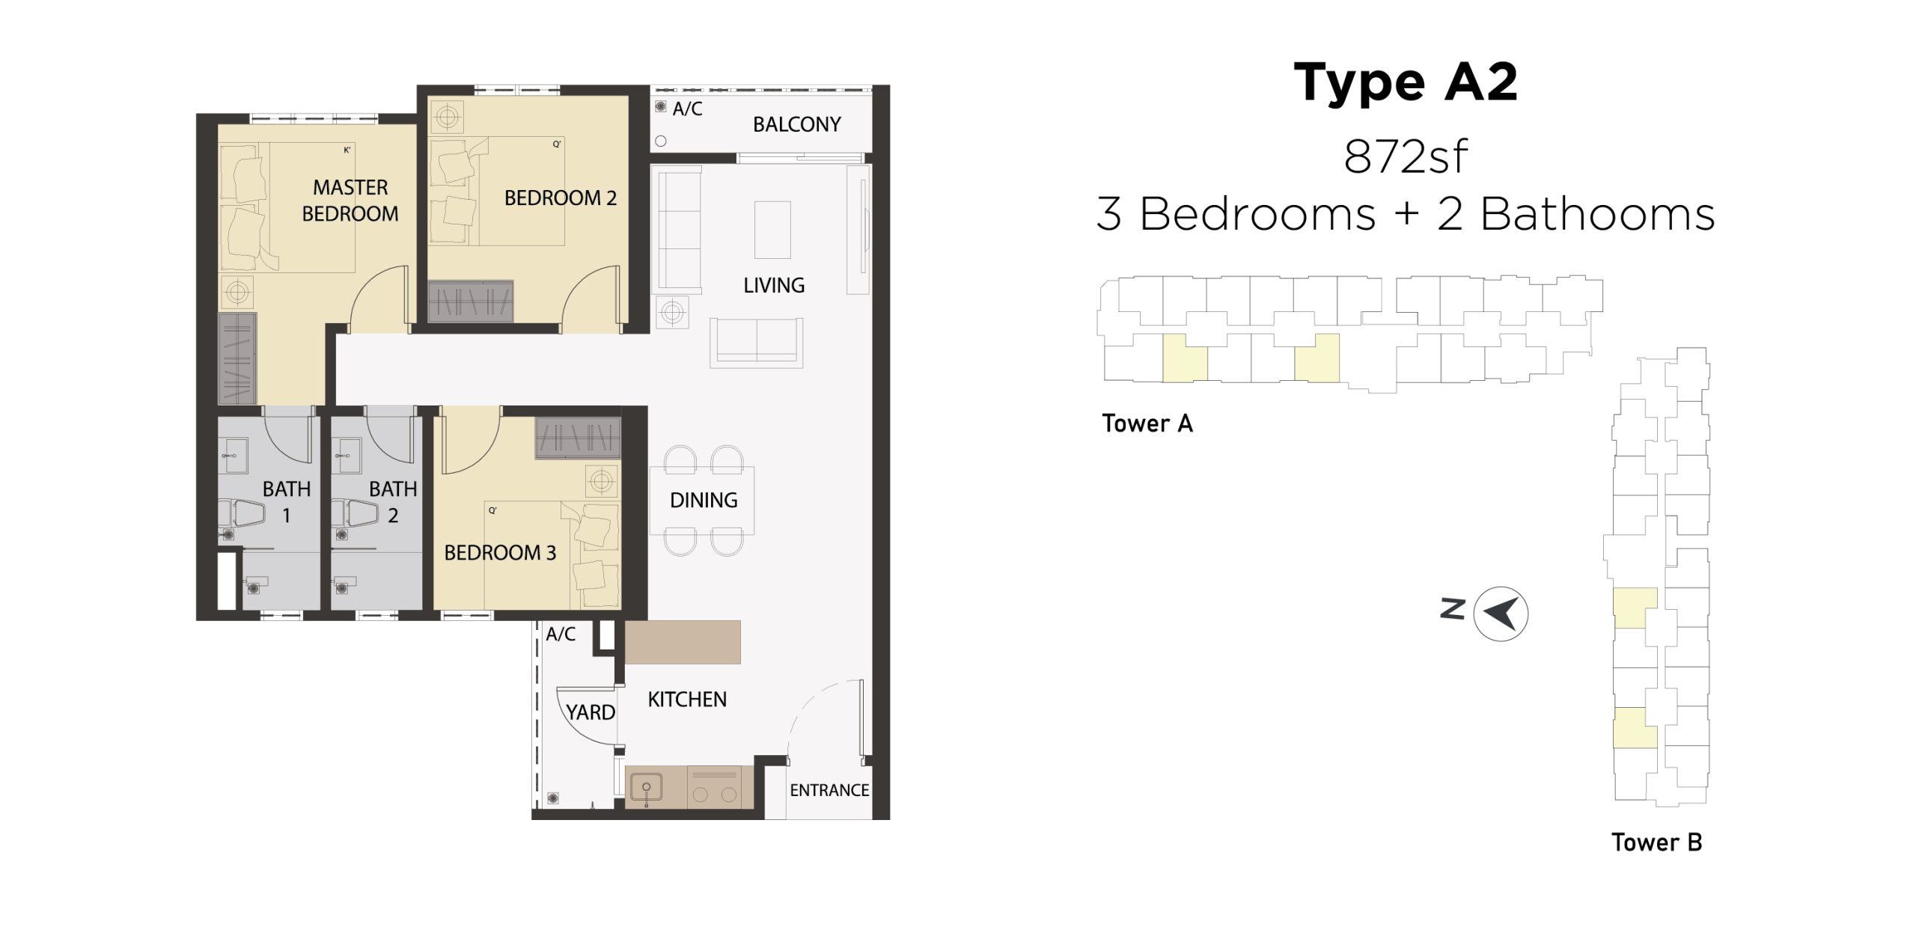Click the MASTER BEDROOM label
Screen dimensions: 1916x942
pyautogui.click(x=350, y=201)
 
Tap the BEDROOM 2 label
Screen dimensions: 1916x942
pyautogui.click(x=561, y=198)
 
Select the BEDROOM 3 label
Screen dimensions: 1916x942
pyautogui.click(x=500, y=553)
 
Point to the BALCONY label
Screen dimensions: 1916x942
pyautogui.click(x=797, y=124)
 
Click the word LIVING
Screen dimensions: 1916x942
pyautogui.click(x=774, y=285)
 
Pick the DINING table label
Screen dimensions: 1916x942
pyautogui.click(x=704, y=500)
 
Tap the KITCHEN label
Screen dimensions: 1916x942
pyautogui.click(x=687, y=700)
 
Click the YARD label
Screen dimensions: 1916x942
pyautogui.click(x=591, y=712)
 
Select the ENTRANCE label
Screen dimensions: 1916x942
pyautogui.click(x=829, y=790)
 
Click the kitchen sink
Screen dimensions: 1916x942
pyautogui.click(x=646, y=788)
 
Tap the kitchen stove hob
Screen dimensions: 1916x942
pyautogui.click(x=715, y=787)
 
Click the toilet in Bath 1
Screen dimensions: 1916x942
pyautogui.click(x=242, y=513)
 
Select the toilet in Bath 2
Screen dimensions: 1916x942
pyautogui.click(x=356, y=513)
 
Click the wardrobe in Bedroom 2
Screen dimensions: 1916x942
pyautogui.click(x=471, y=302)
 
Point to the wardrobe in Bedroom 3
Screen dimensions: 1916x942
pyautogui.click(x=578, y=437)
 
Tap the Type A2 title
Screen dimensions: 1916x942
pyautogui.click(x=1406, y=82)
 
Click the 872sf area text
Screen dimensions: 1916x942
pyautogui.click(x=1406, y=156)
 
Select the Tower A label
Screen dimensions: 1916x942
pyautogui.click(x=1147, y=423)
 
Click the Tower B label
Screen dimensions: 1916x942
pyautogui.click(x=1657, y=842)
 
